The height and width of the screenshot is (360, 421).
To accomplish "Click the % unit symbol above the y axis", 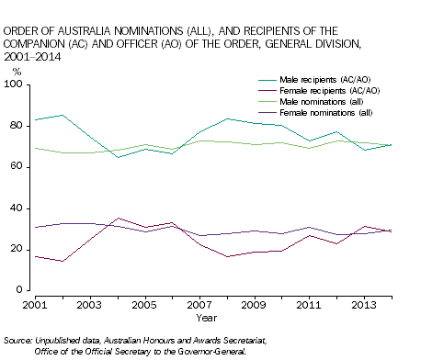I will (x=17, y=71).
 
